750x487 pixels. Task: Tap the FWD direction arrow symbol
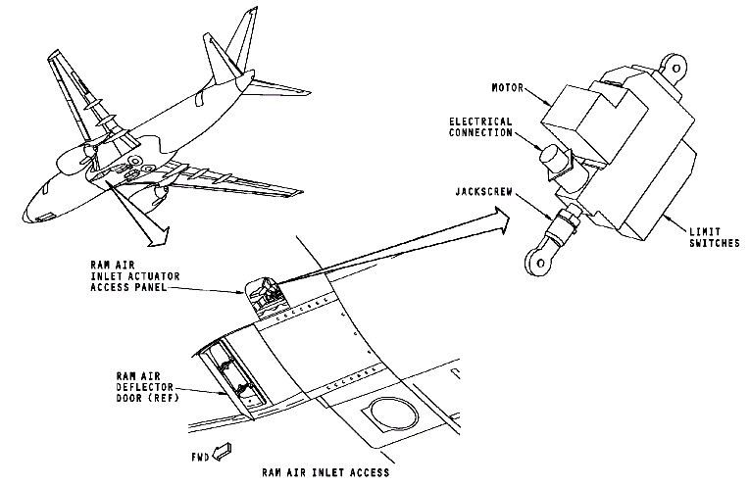[224, 453]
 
